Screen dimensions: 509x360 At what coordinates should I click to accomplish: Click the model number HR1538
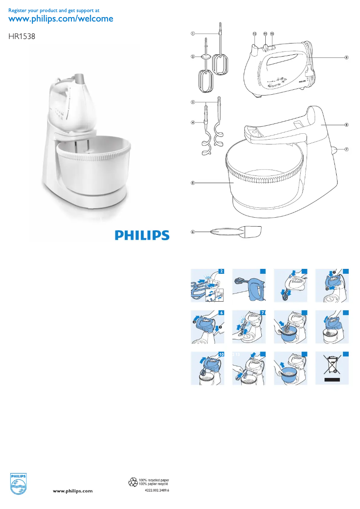point(22,38)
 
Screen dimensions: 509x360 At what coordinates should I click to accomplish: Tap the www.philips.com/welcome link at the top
point(61,19)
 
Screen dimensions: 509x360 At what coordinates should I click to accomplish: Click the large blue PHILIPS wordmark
point(142,235)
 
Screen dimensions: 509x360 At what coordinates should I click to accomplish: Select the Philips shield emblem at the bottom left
point(18,484)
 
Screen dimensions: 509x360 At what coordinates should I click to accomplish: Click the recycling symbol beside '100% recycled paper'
point(133,482)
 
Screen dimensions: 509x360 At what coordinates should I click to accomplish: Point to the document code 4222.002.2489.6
point(157,491)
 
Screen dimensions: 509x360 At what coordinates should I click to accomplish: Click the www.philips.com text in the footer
point(73,491)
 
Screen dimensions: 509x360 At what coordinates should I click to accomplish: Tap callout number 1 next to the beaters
point(192,33)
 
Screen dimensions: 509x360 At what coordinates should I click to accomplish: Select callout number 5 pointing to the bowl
point(192,183)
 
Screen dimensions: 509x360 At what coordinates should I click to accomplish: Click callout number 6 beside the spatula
point(192,232)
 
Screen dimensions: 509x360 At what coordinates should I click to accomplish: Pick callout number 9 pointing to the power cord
point(347,57)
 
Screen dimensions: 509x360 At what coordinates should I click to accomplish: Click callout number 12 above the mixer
point(254,34)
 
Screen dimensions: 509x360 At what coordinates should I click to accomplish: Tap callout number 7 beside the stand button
point(347,149)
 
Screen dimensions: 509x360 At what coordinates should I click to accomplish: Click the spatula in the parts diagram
point(236,231)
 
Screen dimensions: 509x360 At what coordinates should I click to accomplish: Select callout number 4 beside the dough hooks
point(192,122)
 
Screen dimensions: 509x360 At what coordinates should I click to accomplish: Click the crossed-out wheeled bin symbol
point(333,366)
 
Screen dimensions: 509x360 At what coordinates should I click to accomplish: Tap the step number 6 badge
point(221,312)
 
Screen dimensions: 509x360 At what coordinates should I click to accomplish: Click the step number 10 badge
point(221,354)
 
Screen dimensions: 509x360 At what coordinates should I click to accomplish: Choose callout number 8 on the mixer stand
point(347,124)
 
